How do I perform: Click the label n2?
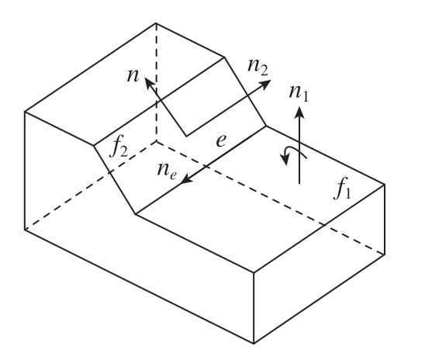click(x=257, y=67)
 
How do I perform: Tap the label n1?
click(x=299, y=93)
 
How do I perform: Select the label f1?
click(x=343, y=189)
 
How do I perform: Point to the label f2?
click(x=119, y=148)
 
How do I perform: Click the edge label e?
click(x=221, y=140)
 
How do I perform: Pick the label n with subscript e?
click(x=167, y=171)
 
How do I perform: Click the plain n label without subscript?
click(x=133, y=75)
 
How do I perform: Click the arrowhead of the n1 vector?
click(x=299, y=112)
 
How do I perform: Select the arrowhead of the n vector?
click(x=150, y=83)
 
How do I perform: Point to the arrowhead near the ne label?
click(x=186, y=179)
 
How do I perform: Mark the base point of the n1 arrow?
click(x=299, y=184)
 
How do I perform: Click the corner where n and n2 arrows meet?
click(x=186, y=136)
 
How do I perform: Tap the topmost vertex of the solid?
click(x=156, y=23)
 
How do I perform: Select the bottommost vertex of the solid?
click(x=254, y=344)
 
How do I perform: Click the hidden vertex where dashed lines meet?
click(x=156, y=141)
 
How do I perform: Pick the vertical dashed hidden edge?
click(x=156, y=82)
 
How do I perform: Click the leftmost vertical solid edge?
click(x=25, y=171)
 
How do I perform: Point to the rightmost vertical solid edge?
click(x=385, y=220)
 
